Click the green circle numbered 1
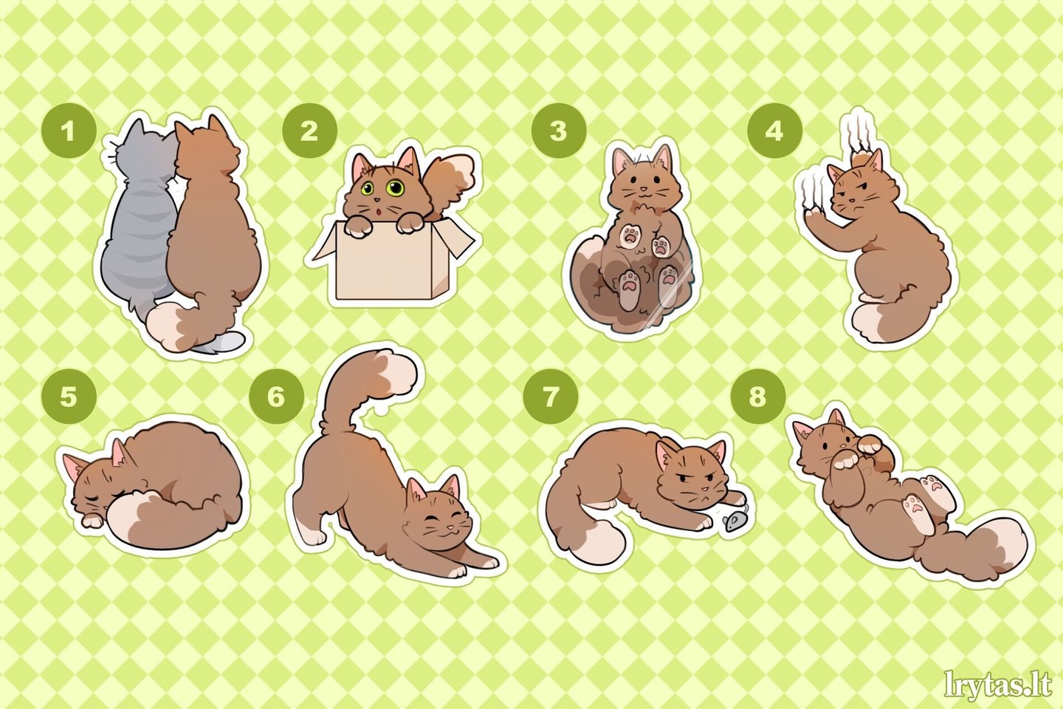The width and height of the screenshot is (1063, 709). coord(69,131)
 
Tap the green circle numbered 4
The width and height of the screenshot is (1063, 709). coord(774,131)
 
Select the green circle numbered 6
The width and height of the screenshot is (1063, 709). coord(276,396)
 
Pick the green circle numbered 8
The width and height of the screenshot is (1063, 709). coord(757,396)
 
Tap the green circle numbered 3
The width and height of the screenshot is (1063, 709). coord(559,131)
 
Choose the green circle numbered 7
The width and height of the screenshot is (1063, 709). coord(551,396)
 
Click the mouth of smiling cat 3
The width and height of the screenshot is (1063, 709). coord(642,192)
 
